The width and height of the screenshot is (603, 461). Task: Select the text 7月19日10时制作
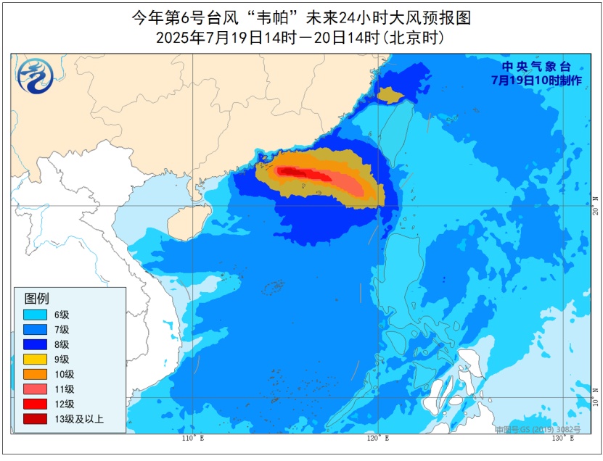tap(536, 80)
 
